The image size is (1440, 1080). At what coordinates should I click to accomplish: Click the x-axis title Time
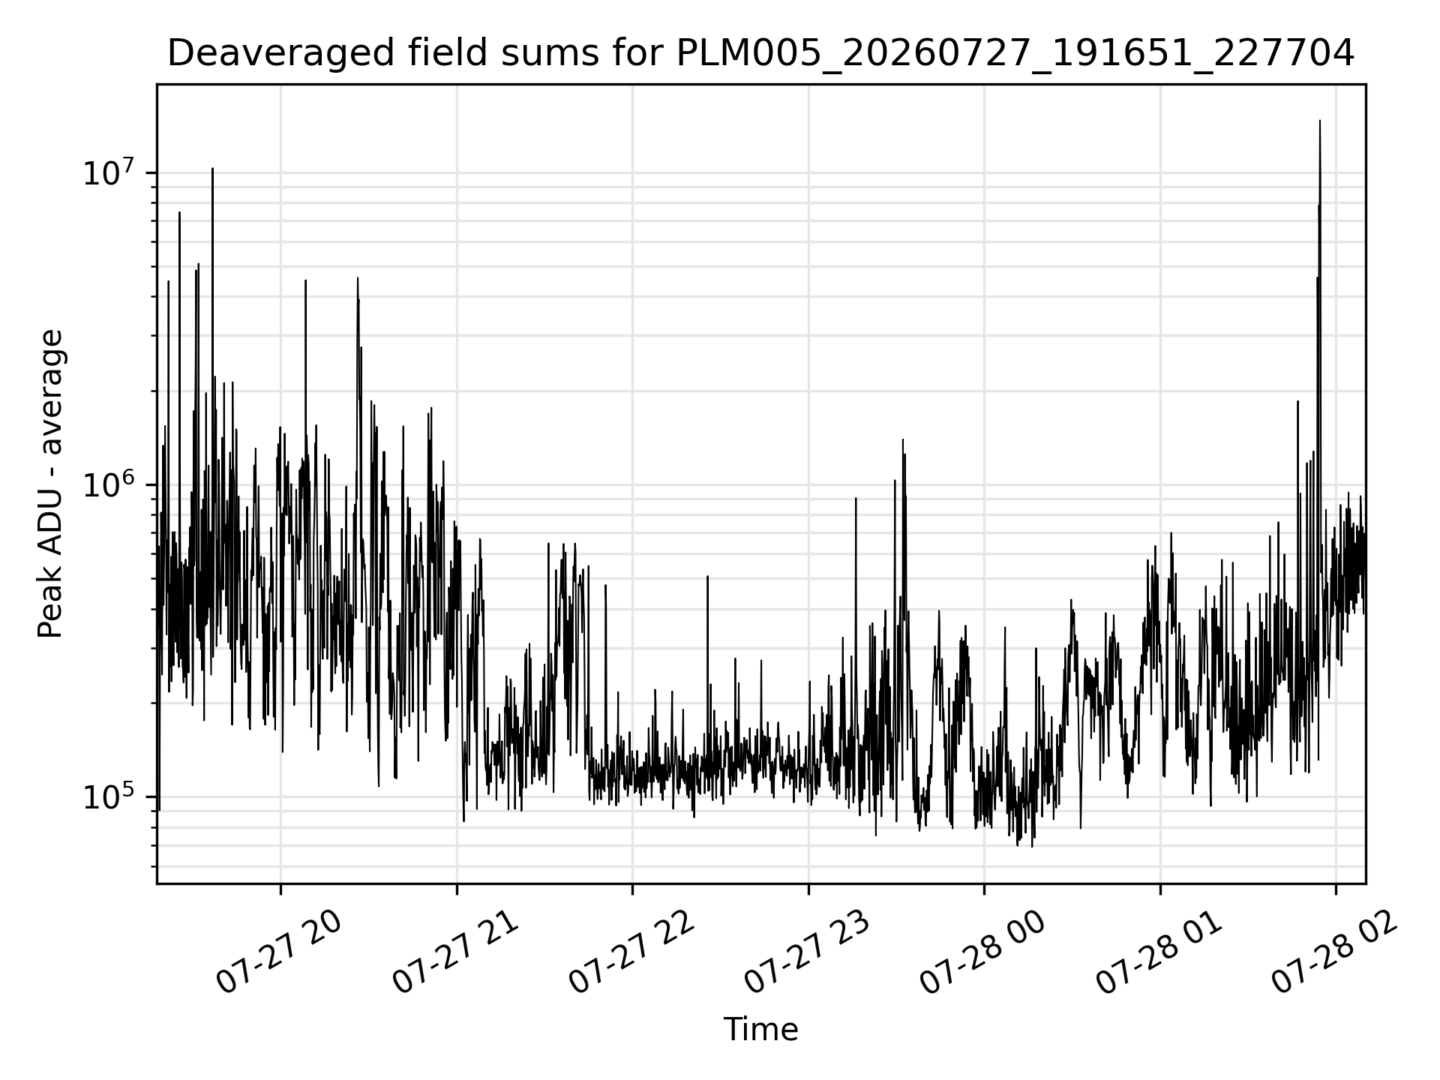pos(760,1030)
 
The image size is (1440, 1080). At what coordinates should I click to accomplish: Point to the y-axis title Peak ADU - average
pos(50,484)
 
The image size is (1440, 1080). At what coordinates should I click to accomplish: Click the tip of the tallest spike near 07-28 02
pos(1320,120)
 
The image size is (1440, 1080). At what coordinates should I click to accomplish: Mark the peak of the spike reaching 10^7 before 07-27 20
pos(212,169)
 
